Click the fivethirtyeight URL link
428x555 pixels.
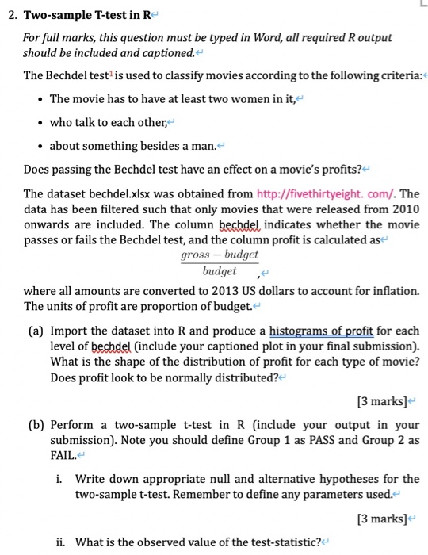pos(327,193)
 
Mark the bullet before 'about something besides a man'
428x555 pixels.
pos(38,146)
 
